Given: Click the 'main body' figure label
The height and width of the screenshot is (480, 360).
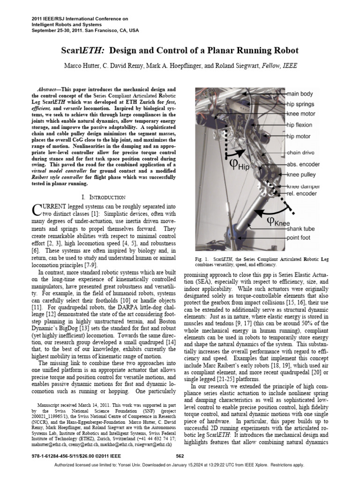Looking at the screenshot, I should tap(300, 94).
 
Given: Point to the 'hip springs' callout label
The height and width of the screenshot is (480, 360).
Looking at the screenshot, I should tap(300, 104).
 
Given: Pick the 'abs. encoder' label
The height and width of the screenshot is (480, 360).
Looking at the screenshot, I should tap(303, 165).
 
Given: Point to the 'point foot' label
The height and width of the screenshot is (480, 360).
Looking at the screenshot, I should tap(300, 238).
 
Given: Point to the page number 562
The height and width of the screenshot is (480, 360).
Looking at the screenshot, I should tap(180, 456).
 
